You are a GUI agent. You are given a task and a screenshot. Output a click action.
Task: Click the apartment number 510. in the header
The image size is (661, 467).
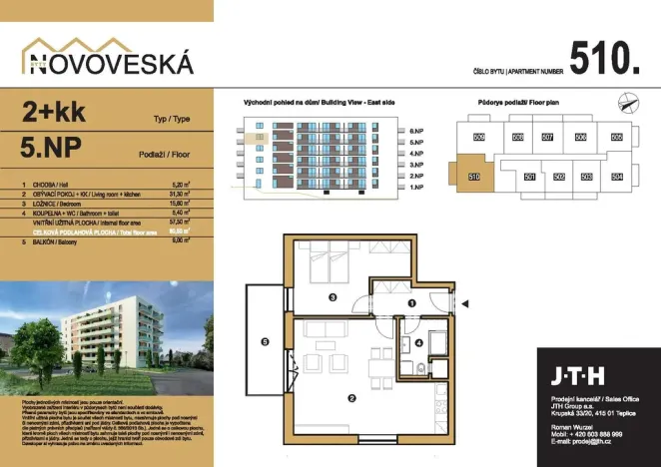pos(603,57)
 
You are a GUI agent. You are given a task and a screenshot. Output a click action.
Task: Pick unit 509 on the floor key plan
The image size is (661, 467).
pos(478,137)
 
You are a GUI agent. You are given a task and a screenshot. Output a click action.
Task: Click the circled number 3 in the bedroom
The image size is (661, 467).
pos(332,295)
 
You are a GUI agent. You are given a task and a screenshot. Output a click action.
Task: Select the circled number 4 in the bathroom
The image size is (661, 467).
pos(418,342)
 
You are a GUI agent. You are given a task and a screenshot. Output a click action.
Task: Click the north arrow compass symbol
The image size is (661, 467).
pos(627,99)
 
